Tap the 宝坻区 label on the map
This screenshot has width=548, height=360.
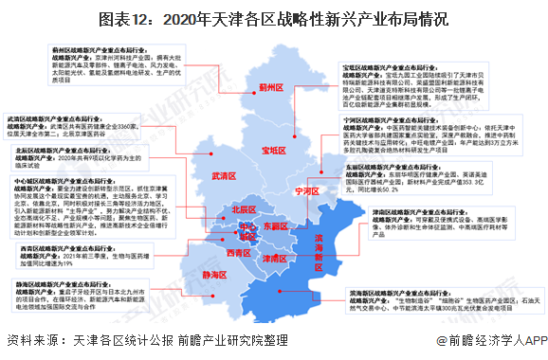[x=273, y=150]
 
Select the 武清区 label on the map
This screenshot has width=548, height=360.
[x=224, y=176]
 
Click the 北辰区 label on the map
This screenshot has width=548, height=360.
[x=244, y=209]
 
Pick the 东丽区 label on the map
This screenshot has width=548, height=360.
[x=276, y=227]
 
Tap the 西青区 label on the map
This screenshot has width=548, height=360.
[x=239, y=253]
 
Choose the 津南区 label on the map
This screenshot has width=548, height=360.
[x=275, y=258]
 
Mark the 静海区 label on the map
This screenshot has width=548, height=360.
[x=218, y=273]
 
